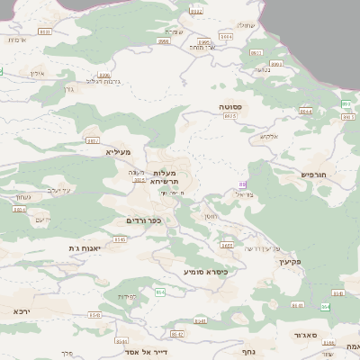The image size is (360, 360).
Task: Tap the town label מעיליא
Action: (x=118, y=152)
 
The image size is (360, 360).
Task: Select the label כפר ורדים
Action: (x=142, y=220)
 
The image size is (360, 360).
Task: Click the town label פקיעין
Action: (x=288, y=262)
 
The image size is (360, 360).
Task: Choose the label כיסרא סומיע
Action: (x=207, y=271)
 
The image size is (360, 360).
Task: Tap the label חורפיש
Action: (x=314, y=174)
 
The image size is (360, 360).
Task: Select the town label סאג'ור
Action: (x=303, y=335)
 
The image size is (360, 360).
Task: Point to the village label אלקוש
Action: (x=270, y=137)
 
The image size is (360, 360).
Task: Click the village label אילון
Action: (x=37, y=72)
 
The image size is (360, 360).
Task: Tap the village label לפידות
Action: (x=126, y=296)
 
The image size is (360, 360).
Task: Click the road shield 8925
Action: (x=230, y=116)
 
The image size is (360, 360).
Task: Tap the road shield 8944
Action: (x=305, y=112)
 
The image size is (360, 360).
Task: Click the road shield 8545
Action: (x=120, y=239)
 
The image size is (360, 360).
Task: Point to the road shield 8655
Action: (x=227, y=245)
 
